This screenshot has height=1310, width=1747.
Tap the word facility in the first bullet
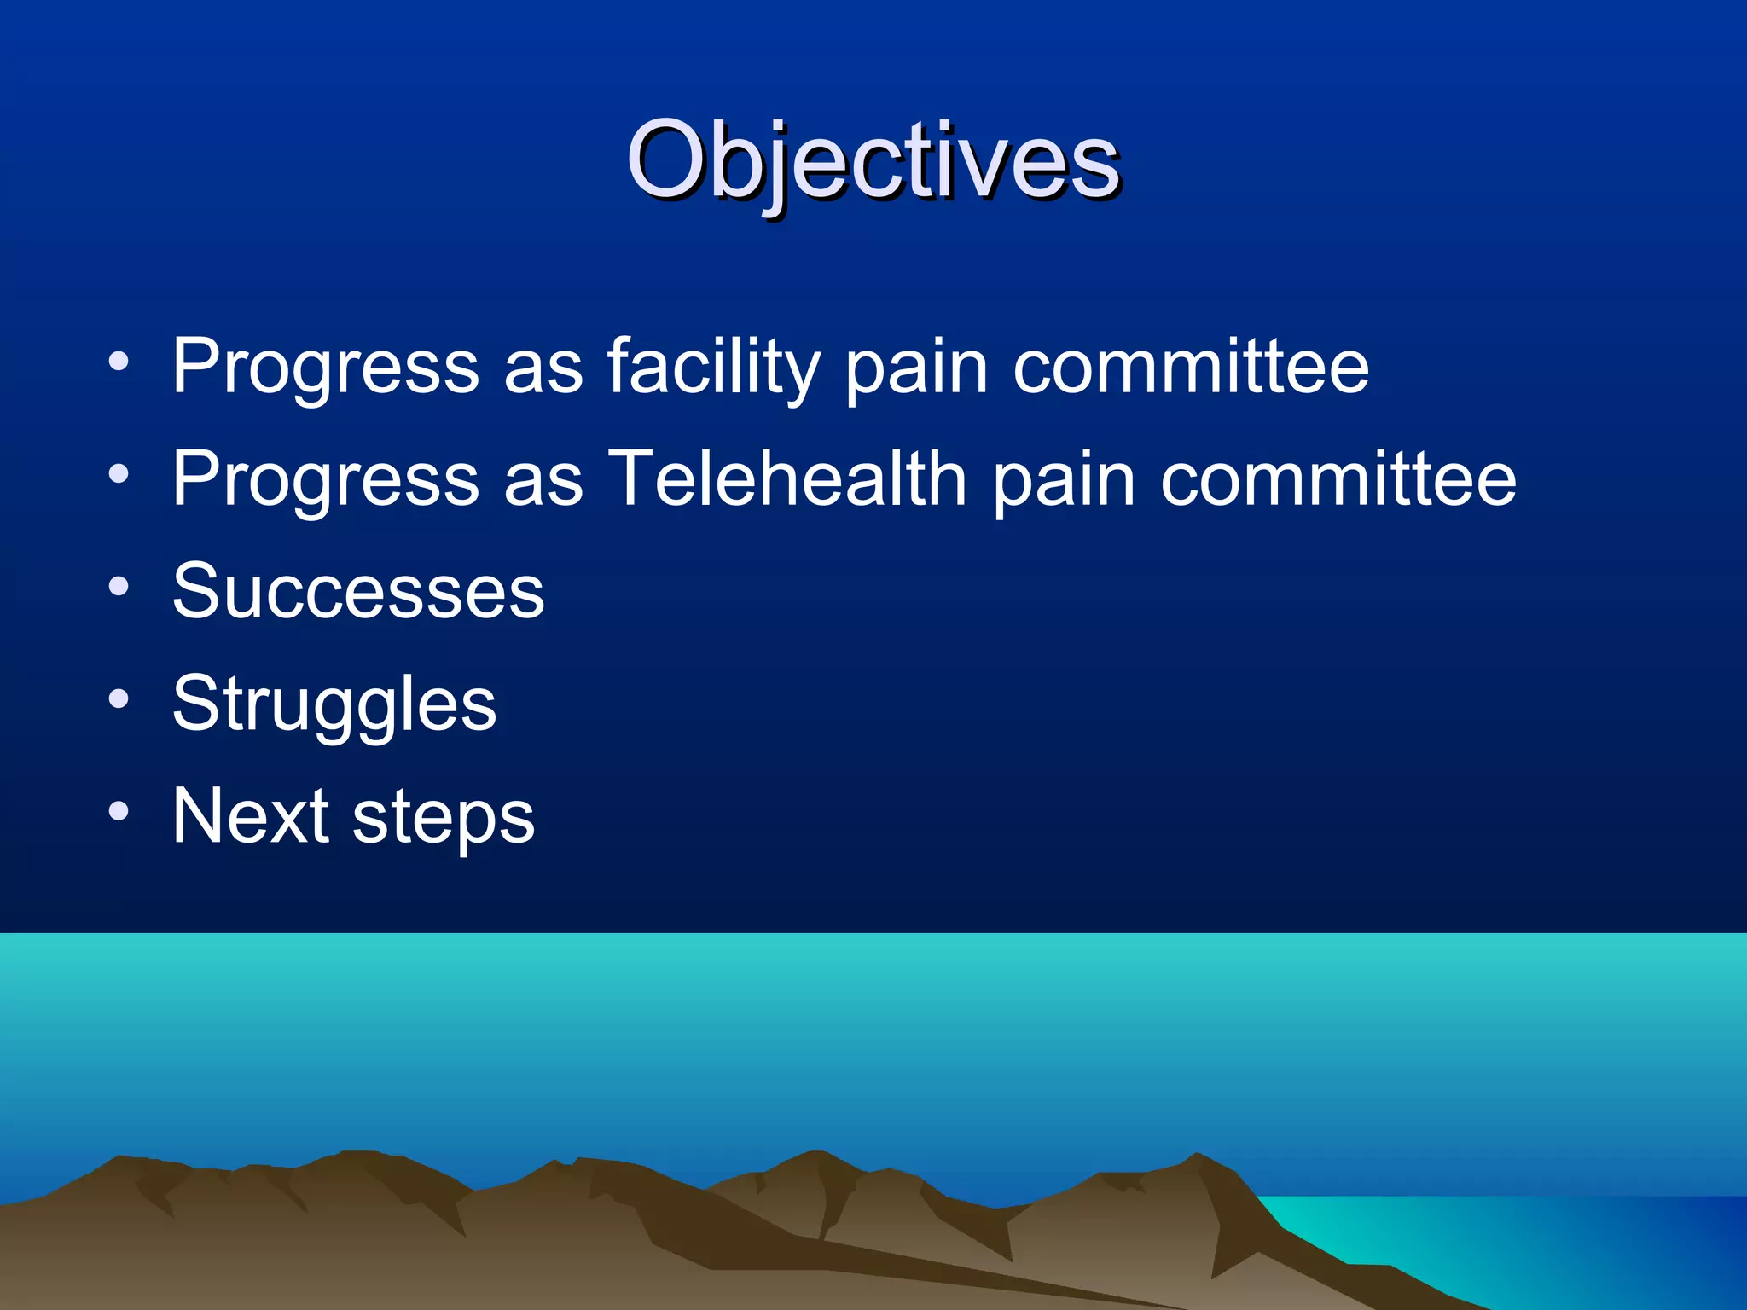click(x=713, y=367)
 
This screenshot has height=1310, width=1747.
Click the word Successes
click(x=358, y=591)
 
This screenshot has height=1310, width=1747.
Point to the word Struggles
click(x=334, y=704)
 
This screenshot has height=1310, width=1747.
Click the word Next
click(x=251, y=816)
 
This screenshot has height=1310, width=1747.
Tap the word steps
click(x=444, y=819)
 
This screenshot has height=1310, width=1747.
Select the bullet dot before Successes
click(x=119, y=586)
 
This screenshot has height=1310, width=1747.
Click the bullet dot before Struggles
click(x=119, y=698)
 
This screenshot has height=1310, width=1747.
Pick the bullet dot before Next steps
click(x=119, y=811)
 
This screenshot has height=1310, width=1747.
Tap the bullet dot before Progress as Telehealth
click(x=119, y=473)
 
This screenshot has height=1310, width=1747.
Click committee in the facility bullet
click(x=1191, y=367)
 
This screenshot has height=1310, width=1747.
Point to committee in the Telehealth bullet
click(x=1338, y=479)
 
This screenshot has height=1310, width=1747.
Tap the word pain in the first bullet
click(x=916, y=368)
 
